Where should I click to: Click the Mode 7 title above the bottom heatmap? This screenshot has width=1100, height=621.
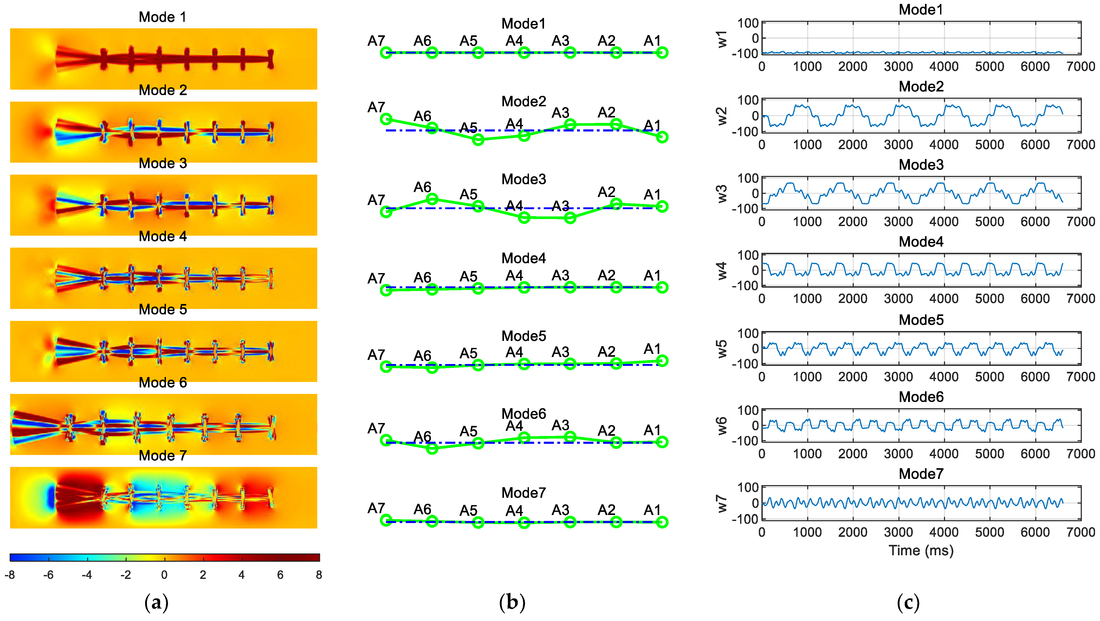(163, 456)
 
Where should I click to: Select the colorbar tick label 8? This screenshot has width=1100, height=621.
(319, 575)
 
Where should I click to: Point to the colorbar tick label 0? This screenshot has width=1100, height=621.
(164, 575)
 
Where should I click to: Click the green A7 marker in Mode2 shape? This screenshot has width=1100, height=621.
(386, 119)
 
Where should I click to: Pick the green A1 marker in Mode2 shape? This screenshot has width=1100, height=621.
(662, 137)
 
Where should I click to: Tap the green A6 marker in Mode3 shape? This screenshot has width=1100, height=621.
(432, 199)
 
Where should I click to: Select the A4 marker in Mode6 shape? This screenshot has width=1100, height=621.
(524, 438)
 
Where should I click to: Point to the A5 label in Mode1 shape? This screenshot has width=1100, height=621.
(468, 41)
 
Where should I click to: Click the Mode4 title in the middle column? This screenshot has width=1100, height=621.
(523, 258)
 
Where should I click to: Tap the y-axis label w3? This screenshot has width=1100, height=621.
(722, 193)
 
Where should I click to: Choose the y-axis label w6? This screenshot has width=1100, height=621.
(722, 426)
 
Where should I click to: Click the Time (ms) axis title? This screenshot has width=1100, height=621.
(921, 551)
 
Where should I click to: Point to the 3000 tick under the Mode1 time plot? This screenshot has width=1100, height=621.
(898, 67)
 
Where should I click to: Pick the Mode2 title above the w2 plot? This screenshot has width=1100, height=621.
(921, 87)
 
